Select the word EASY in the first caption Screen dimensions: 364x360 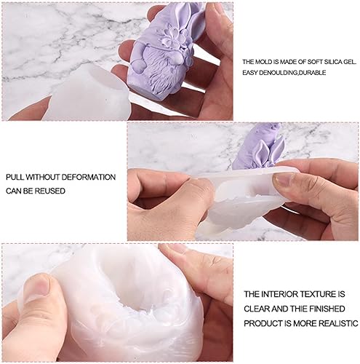click(250, 74)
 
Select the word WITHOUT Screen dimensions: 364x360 click(41, 178)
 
